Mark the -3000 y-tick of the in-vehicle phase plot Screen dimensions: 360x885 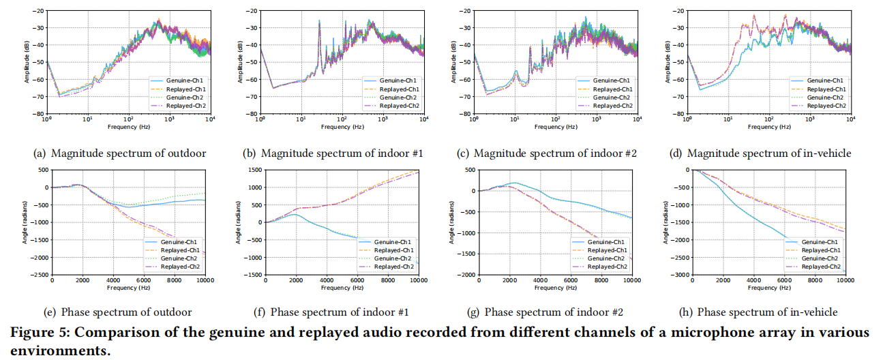point(680,275)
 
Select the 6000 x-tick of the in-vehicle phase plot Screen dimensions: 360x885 point(785,281)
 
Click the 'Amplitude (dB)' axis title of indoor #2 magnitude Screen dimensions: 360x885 point(452,63)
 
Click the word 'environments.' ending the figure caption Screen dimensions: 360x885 point(54,351)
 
